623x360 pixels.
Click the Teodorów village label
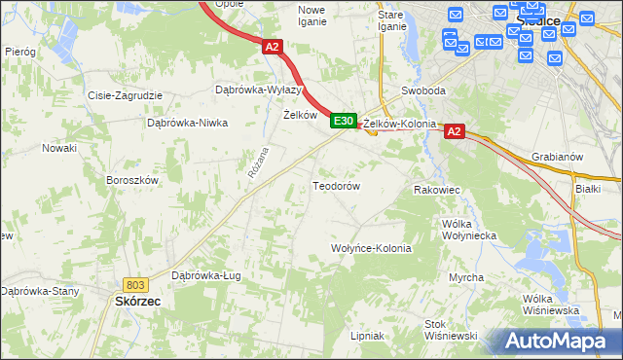(336, 185)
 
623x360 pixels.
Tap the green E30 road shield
(342, 121)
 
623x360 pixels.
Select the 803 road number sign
(135, 284)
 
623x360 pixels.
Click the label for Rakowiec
(435, 191)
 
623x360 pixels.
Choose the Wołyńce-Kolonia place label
(372, 248)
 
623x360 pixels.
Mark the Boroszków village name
(131, 180)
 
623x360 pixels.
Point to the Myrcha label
(467, 278)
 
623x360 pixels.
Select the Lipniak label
(367, 336)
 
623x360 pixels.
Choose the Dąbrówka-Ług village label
(205, 275)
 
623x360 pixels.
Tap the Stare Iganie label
(391, 20)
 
